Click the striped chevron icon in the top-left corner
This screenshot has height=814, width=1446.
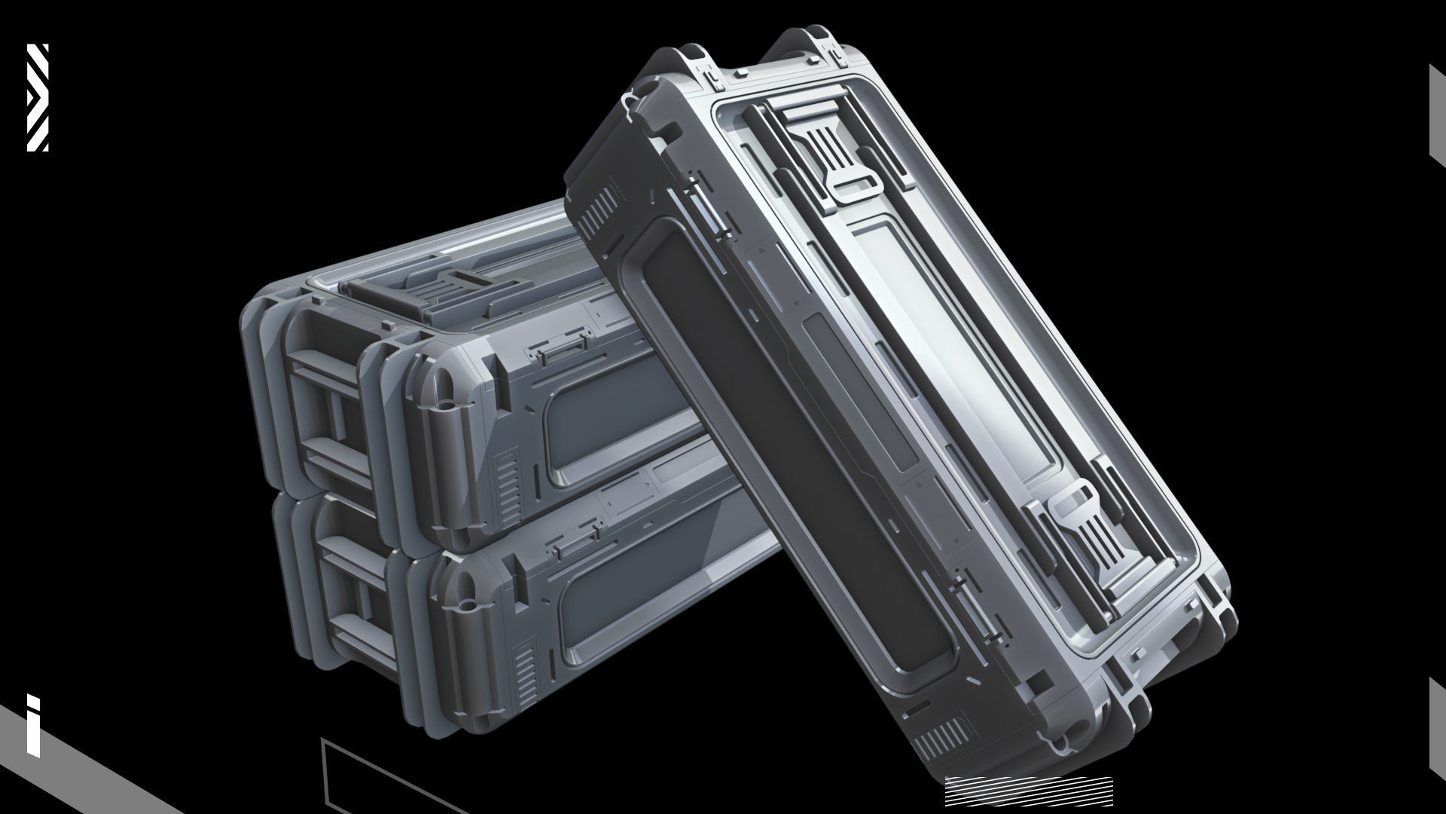click(x=38, y=97)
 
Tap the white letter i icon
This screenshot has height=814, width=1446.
click(x=33, y=724)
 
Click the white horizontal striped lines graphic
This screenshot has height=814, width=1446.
click(x=1028, y=792)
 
